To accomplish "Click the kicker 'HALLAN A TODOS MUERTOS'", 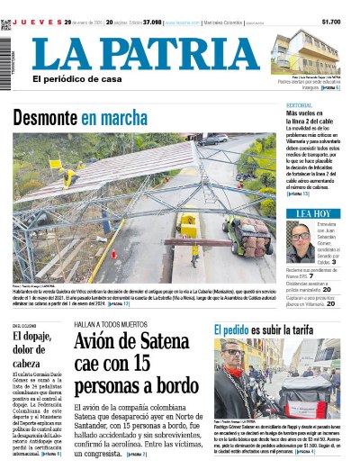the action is [108, 323].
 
